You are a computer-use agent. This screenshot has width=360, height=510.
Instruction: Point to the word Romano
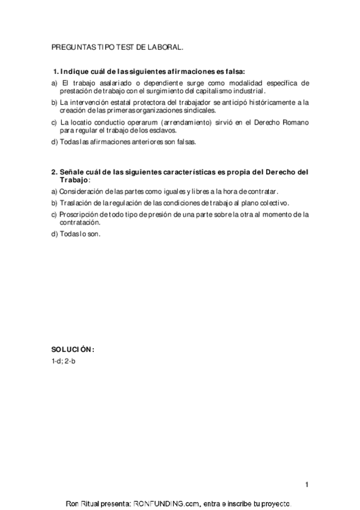click(296, 122)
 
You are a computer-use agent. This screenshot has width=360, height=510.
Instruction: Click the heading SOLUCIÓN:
click(73, 350)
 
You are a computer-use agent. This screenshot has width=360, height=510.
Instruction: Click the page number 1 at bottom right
click(307, 485)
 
